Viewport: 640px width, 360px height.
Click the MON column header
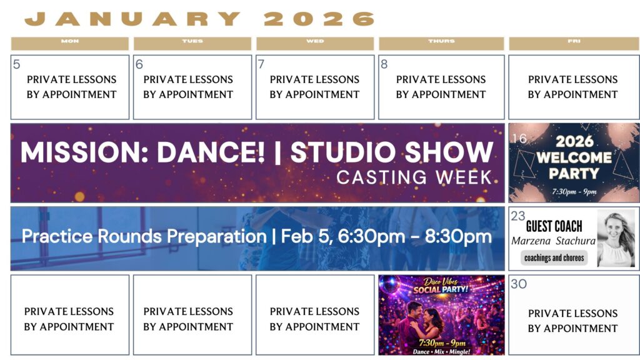coord(70,43)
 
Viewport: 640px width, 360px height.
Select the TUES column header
coord(192,43)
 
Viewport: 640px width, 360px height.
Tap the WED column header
coord(315,43)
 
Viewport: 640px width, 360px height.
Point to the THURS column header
coord(442,43)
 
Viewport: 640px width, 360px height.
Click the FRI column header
coord(574,43)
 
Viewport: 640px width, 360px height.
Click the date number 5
coord(16,64)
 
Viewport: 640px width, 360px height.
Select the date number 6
coord(139,64)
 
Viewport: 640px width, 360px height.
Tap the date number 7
coord(261,64)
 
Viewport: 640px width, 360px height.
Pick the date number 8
coord(384,64)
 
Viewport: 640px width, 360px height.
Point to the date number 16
coord(519,139)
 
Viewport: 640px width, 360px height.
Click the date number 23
coord(518,216)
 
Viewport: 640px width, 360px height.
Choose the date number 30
coord(519,284)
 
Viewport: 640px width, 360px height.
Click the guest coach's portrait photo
coord(616,239)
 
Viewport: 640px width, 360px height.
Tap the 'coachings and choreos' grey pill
coord(554,258)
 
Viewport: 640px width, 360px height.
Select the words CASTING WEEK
coord(414,177)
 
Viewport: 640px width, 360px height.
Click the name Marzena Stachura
coord(554,241)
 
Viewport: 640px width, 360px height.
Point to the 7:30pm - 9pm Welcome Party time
coord(574,191)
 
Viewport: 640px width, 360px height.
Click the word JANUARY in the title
coord(133,19)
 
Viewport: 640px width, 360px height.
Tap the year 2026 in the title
coord(319,19)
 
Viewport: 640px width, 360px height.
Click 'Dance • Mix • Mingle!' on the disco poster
coord(441,351)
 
